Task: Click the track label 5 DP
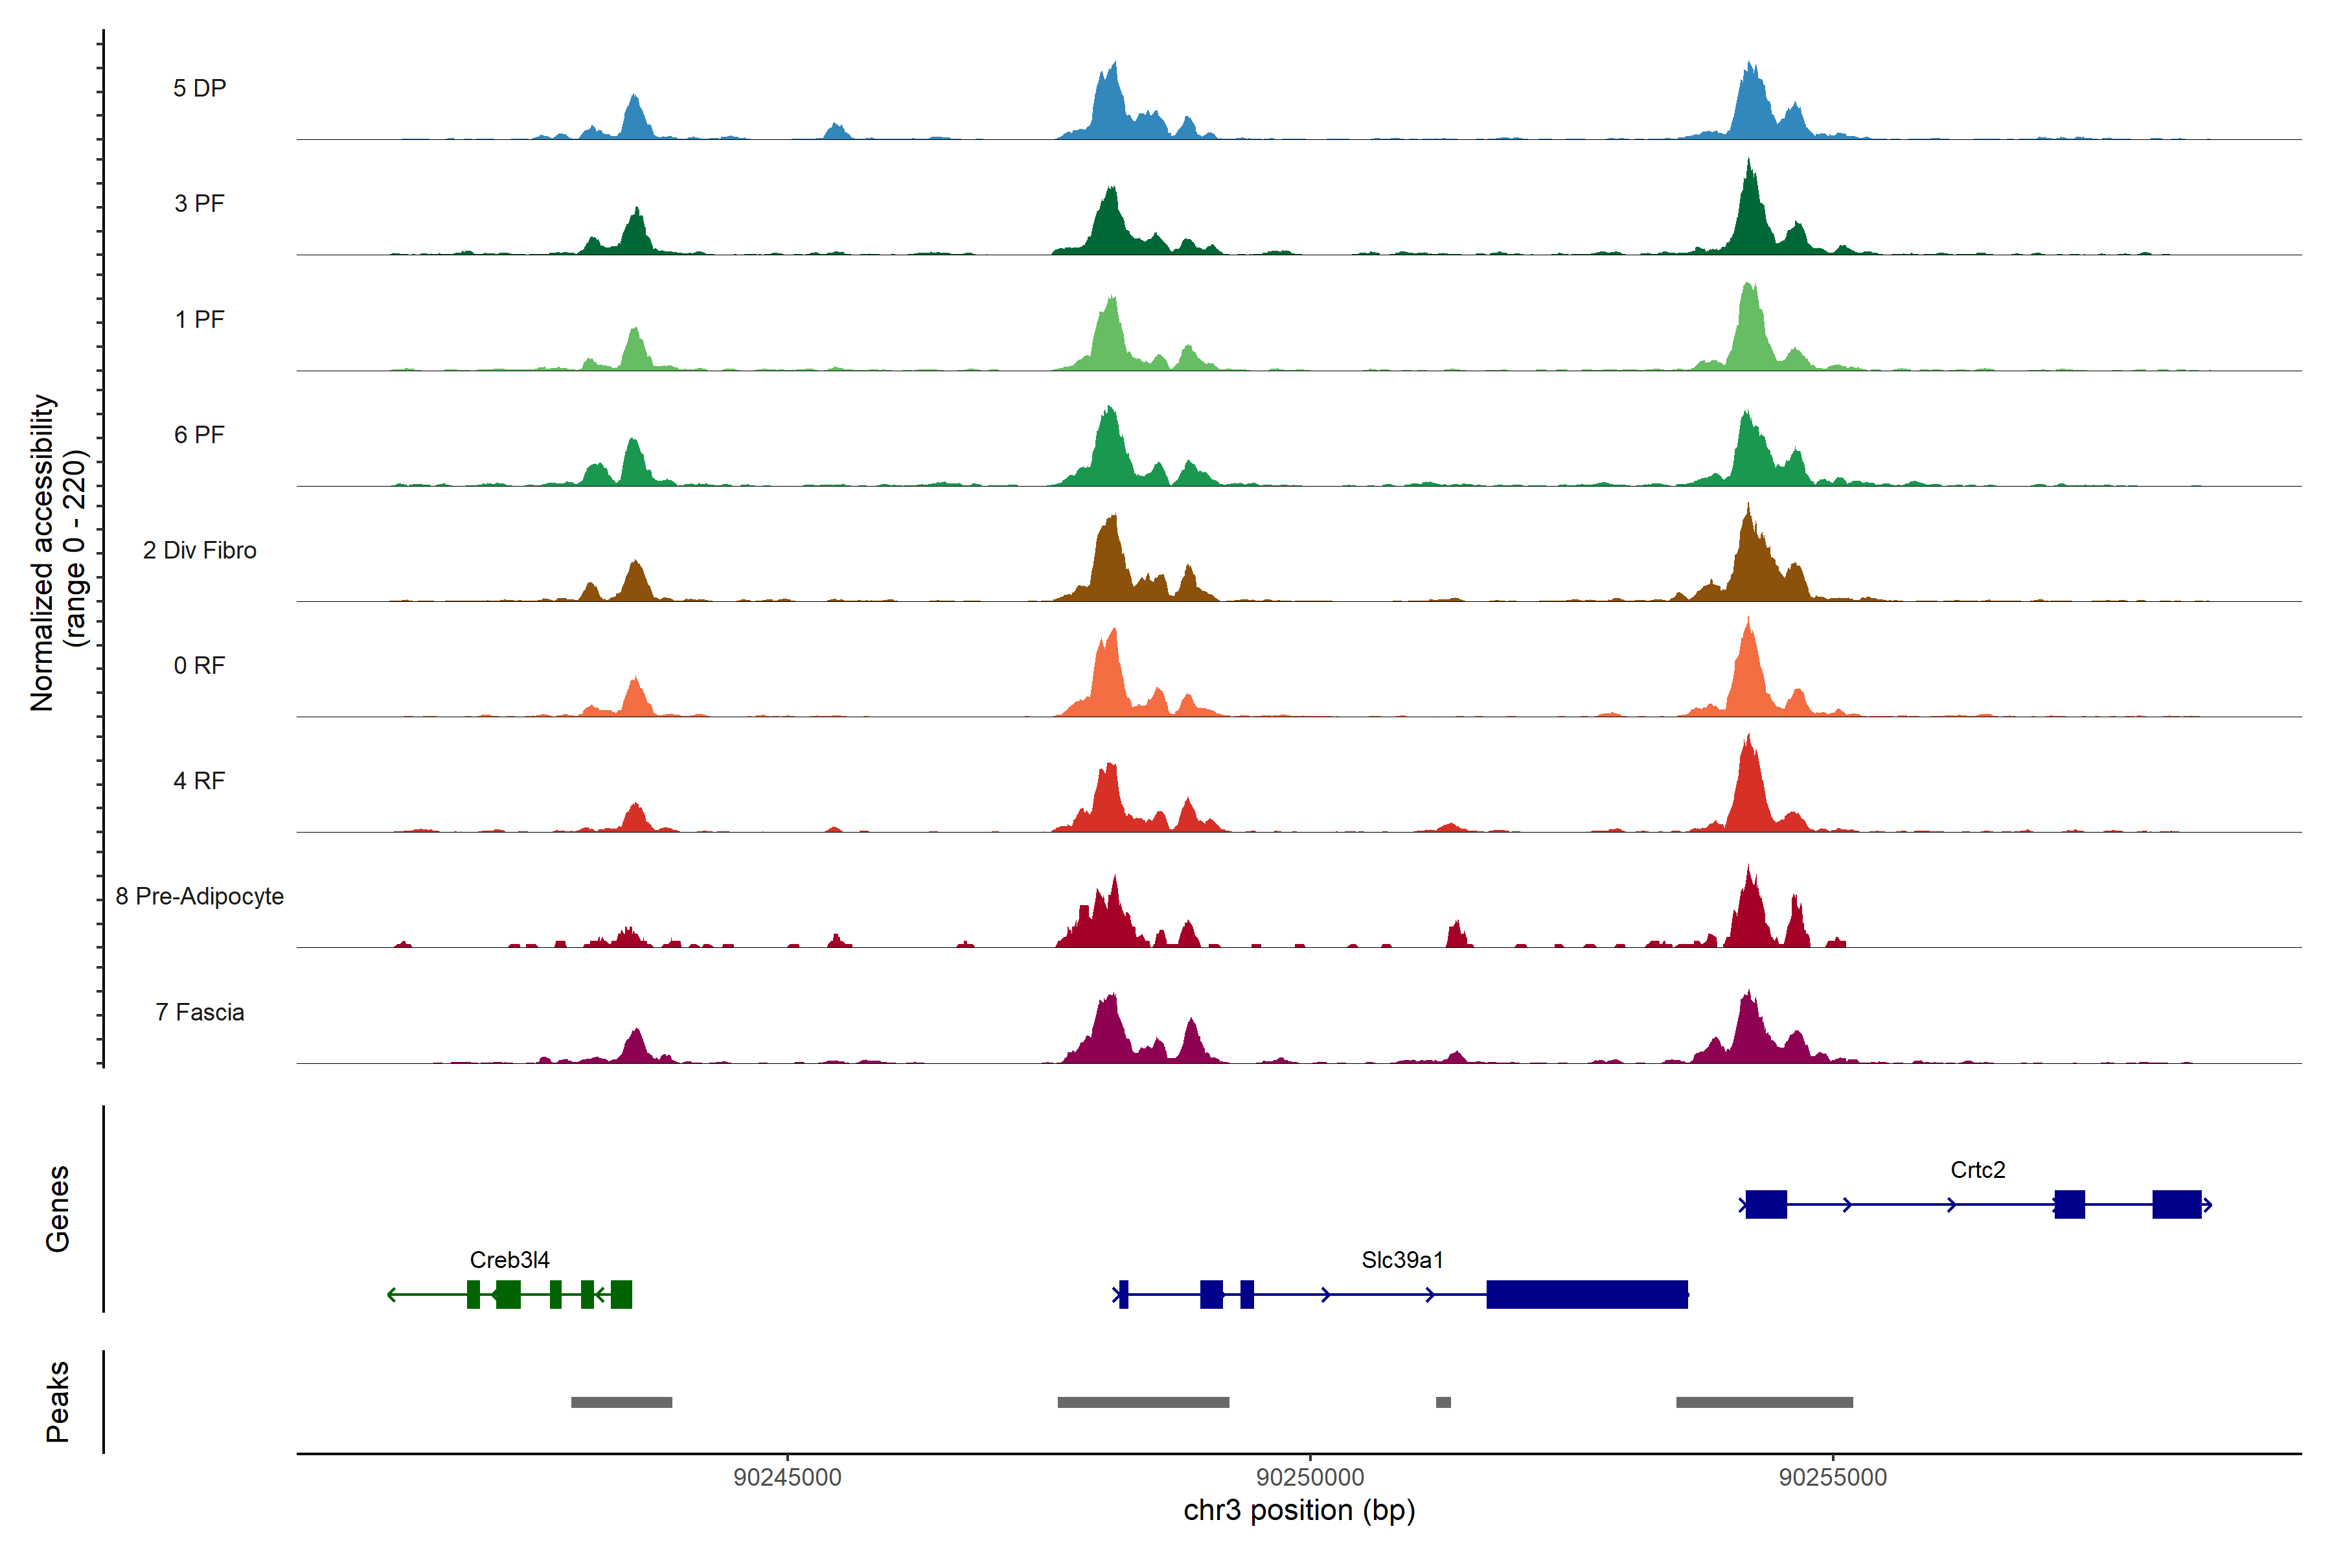point(200,88)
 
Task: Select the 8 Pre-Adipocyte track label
point(200,897)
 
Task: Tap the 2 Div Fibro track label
point(200,550)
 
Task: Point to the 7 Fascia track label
point(200,1013)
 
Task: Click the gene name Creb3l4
point(510,1260)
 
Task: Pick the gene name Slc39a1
point(1402,1260)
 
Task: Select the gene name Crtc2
point(1977,1170)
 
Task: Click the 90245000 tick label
point(787,1478)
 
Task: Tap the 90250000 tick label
point(1310,1478)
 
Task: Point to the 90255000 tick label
point(1833,1478)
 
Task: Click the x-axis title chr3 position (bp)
point(1299,1510)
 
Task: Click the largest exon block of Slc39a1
point(1586,1294)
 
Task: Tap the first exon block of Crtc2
point(1766,1204)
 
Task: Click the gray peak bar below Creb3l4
point(622,1402)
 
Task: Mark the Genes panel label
point(58,1209)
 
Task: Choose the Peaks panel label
point(58,1401)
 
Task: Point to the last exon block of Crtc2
point(2177,1204)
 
